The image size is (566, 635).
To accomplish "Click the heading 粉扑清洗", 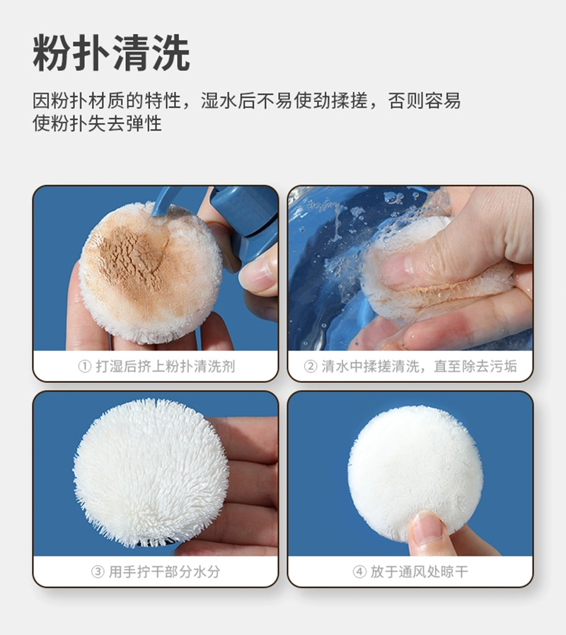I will pyautogui.click(x=111, y=53).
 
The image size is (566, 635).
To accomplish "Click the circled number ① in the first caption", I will pyautogui.click(x=84, y=367).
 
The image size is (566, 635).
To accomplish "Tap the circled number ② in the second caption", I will pyautogui.click(x=310, y=367).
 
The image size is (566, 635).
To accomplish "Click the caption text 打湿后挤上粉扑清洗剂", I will pyautogui.click(x=165, y=367).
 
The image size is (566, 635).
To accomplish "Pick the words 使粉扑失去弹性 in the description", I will pyautogui.click(x=98, y=124).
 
